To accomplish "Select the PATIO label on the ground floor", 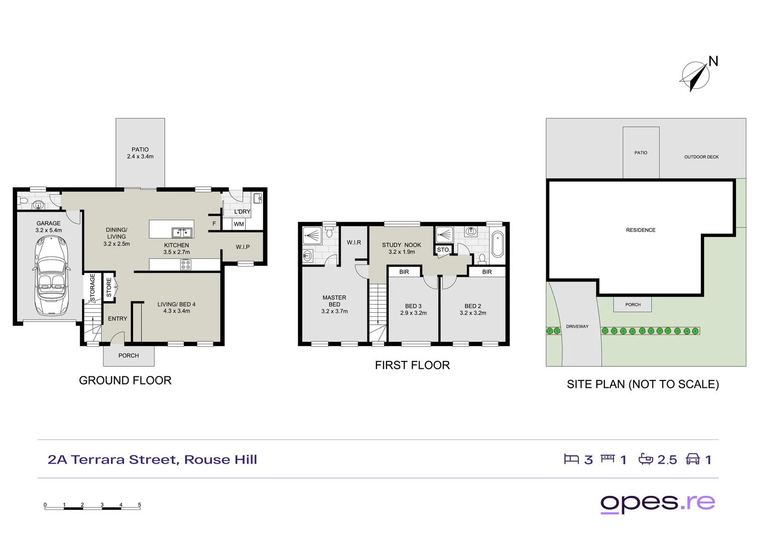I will pyautogui.click(x=140, y=150).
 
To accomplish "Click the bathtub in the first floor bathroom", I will pyautogui.click(x=497, y=244).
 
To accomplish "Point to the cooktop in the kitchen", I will pyautogui.click(x=185, y=264).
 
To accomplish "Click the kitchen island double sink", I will pyautogui.click(x=182, y=232).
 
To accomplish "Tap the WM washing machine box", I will pyautogui.click(x=239, y=224).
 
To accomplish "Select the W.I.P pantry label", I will pyautogui.click(x=242, y=247).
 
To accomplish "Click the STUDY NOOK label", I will pyautogui.click(x=401, y=245).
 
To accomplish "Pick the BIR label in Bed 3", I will pyautogui.click(x=404, y=272).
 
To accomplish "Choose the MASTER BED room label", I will pyautogui.click(x=334, y=301).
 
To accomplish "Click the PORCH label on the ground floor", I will pyautogui.click(x=129, y=355).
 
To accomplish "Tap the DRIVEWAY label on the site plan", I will pyautogui.click(x=577, y=327).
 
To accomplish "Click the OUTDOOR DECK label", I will pyautogui.click(x=701, y=157).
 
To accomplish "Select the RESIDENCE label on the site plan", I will pyautogui.click(x=641, y=230).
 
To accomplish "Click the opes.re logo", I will pyautogui.click(x=658, y=503).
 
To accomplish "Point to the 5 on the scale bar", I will pyautogui.click(x=140, y=505).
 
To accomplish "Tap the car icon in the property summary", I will pyautogui.click(x=693, y=459).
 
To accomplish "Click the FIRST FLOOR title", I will pyautogui.click(x=412, y=365).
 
